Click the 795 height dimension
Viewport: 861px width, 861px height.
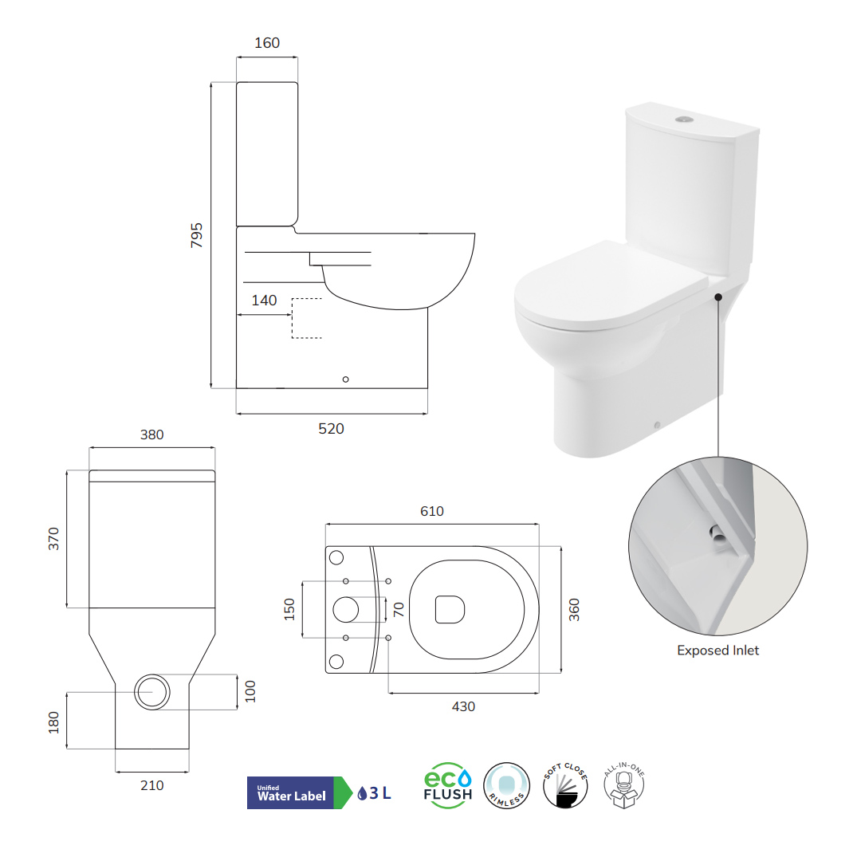coord(197,235)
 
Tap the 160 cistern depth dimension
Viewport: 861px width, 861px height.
coord(267,43)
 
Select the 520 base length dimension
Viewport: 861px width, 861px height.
coord(331,428)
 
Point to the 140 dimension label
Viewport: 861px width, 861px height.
coord(264,301)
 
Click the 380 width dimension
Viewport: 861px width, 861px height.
coord(152,434)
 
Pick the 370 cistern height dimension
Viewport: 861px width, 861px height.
coord(53,539)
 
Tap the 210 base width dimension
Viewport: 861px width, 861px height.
coord(152,785)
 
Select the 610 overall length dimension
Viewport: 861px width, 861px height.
coord(432,511)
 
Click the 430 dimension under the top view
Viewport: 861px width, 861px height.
coord(463,706)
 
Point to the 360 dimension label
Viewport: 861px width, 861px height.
coord(574,610)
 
